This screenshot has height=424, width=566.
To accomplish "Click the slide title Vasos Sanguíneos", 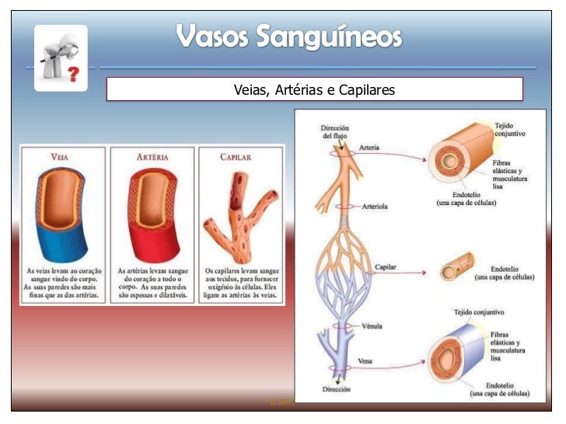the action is click(288, 36).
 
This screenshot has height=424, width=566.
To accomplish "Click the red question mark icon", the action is click(72, 74).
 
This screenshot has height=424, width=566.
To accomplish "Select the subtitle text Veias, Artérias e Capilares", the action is click(314, 91).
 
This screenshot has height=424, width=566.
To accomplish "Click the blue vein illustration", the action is click(61, 210).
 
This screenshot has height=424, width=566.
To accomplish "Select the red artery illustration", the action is click(152, 210).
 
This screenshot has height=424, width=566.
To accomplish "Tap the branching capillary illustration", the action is click(241, 210).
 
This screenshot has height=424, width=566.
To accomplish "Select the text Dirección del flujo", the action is click(335, 131).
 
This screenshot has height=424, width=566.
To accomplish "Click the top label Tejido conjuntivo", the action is click(510, 129).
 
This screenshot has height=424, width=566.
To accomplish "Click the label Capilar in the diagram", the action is click(386, 266).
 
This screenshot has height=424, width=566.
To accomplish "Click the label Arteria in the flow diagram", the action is click(369, 148).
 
